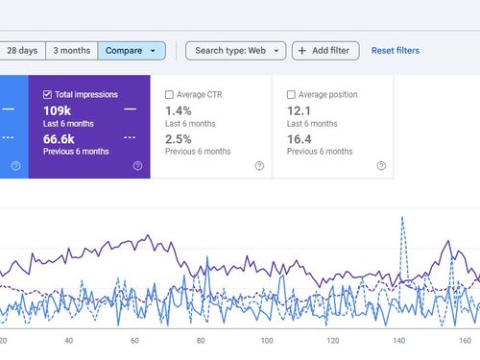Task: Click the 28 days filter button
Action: click(23, 50)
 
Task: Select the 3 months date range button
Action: click(72, 50)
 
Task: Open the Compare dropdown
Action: click(131, 50)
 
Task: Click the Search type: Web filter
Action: click(235, 50)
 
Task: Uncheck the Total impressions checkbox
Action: click(48, 95)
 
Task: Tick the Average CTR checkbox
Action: click(170, 95)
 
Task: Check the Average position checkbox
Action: click(291, 95)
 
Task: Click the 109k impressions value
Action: click(57, 110)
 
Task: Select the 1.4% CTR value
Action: click(179, 110)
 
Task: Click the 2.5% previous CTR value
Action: click(179, 138)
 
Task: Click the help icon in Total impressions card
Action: click(137, 166)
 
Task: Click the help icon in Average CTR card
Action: click(259, 166)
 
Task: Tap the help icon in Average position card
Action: click(381, 166)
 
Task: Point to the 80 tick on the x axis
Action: click(200, 340)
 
